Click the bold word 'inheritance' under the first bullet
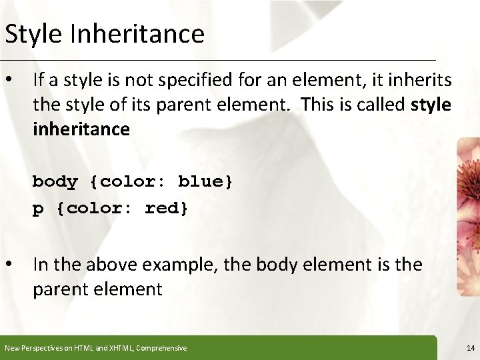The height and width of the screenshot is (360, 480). coord(81,129)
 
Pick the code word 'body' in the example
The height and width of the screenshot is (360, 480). coord(55,182)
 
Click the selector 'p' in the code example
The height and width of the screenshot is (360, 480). coord(38,209)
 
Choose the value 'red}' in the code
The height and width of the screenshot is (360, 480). coord(167,208)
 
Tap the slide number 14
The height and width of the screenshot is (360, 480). coord(471,348)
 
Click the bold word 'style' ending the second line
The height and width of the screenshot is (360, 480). coord(431,105)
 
